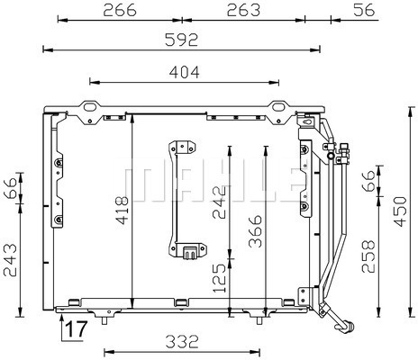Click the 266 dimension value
pyautogui.click(x=119, y=10)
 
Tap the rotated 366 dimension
pyautogui.click(x=256, y=231)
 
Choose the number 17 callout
pyautogui.click(x=75, y=329)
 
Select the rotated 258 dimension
pyautogui.click(x=368, y=258)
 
